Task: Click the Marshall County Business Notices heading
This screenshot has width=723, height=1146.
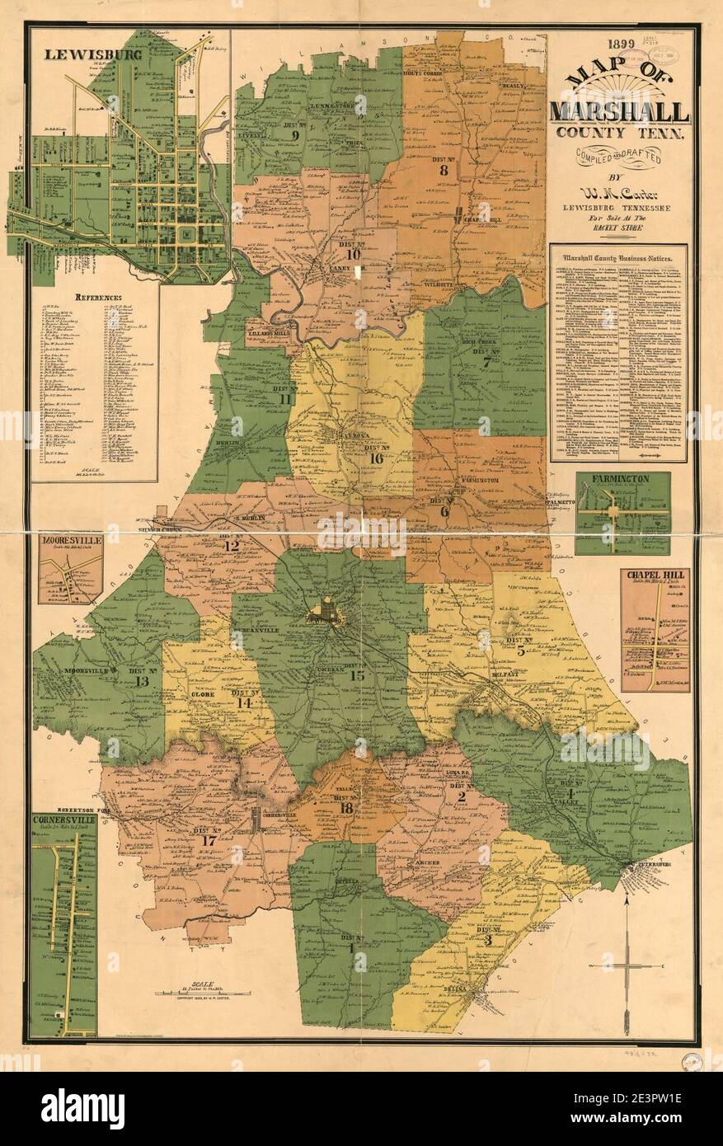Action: pyautogui.click(x=618, y=256)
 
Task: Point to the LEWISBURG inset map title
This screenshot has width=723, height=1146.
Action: pyautogui.click(x=82, y=55)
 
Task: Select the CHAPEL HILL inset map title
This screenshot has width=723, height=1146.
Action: pyautogui.click(x=655, y=575)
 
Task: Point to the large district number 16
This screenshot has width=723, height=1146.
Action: pyautogui.click(x=376, y=458)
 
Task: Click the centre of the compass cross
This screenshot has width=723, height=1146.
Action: pyautogui.click(x=627, y=965)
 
